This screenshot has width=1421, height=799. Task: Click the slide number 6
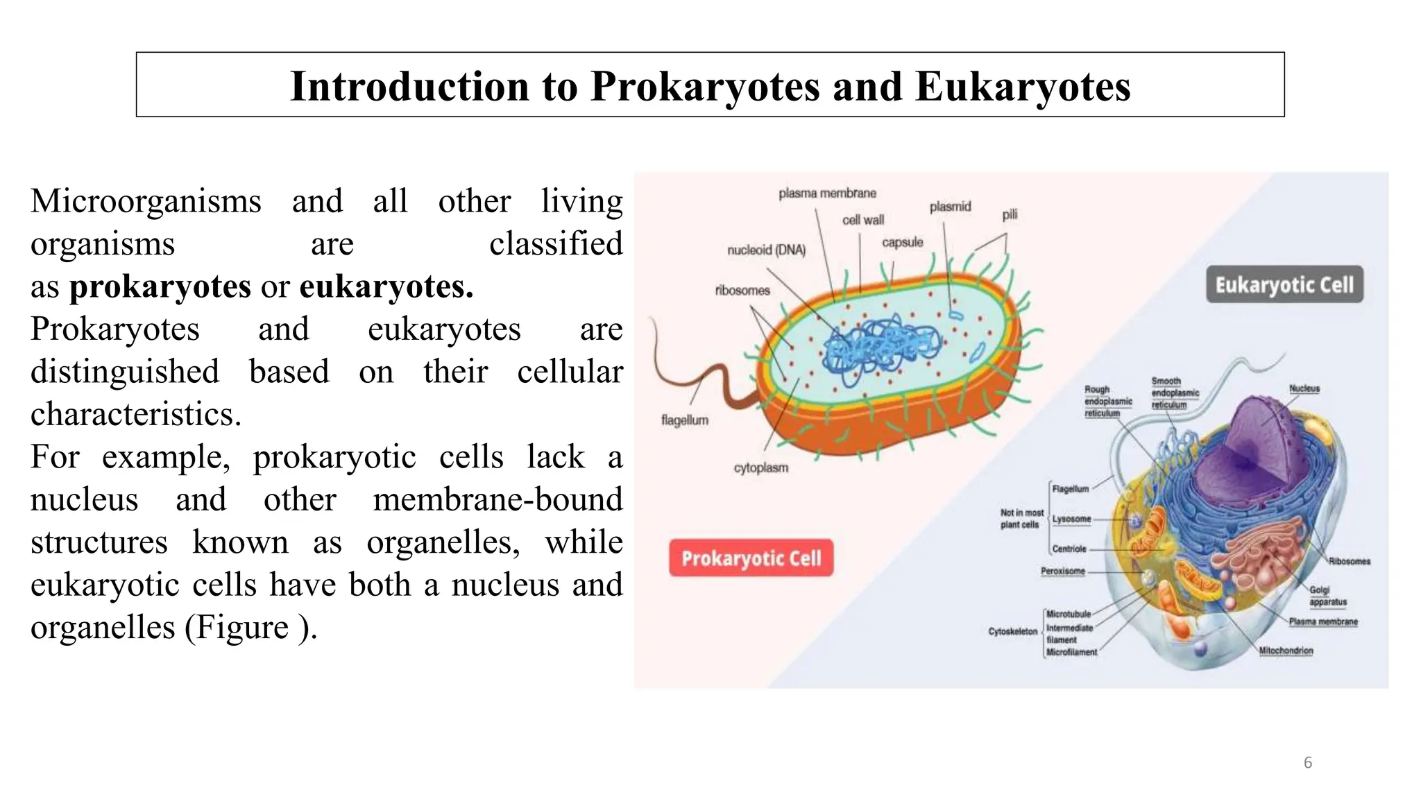pos(1308,763)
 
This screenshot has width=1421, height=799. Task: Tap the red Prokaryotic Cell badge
pos(751,558)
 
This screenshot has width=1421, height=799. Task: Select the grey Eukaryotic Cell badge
pos(1284,285)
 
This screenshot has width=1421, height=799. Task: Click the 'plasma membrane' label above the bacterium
pos(827,194)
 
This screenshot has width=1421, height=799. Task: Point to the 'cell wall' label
pos(863,221)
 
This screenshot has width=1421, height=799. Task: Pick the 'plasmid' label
pos(950,207)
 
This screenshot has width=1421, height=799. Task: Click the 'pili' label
pos(1010,215)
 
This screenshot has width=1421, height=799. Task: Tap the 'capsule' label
pos(902,242)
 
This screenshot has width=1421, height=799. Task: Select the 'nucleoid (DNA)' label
pos(766,250)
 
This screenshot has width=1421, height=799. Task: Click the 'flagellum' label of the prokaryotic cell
pos(685,420)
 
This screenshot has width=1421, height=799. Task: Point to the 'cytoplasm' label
pos(761,468)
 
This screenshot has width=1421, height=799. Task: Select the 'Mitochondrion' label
pos(1286,651)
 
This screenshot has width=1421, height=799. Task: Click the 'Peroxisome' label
pos(1062,572)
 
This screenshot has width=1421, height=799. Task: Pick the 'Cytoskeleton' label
pos(1012,632)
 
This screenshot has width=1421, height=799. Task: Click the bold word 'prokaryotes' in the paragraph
pos(160,286)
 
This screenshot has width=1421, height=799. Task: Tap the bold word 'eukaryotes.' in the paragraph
pos(386,286)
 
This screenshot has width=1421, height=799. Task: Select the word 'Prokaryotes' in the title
pos(705,87)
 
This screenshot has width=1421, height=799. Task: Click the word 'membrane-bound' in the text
pos(497,500)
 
